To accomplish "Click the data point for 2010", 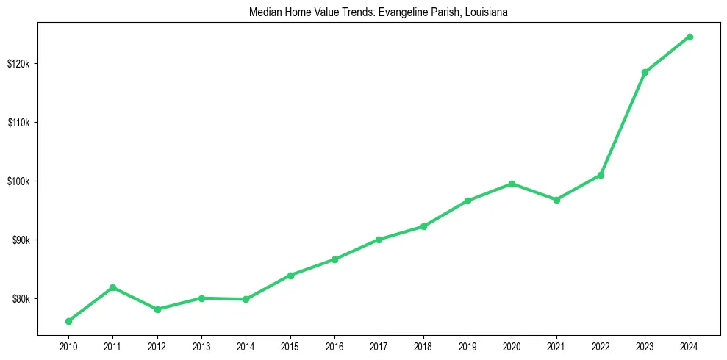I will point(68,321).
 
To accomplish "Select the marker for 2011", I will point(112,287).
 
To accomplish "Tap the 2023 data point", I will point(645,72).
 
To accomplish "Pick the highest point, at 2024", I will point(690,37).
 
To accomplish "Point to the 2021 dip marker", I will point(556,200).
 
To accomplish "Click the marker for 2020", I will point(512,184).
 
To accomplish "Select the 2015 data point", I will point(290,276).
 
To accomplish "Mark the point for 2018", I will point(423,226).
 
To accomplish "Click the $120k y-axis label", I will point(18,63).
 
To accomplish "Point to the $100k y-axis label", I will point(18,181).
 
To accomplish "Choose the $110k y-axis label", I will point(18,123).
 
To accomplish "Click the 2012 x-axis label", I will point(157,345).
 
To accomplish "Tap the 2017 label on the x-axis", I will point(379,345).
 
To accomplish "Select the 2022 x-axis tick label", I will point(601,345).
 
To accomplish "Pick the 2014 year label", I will point(246,345).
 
